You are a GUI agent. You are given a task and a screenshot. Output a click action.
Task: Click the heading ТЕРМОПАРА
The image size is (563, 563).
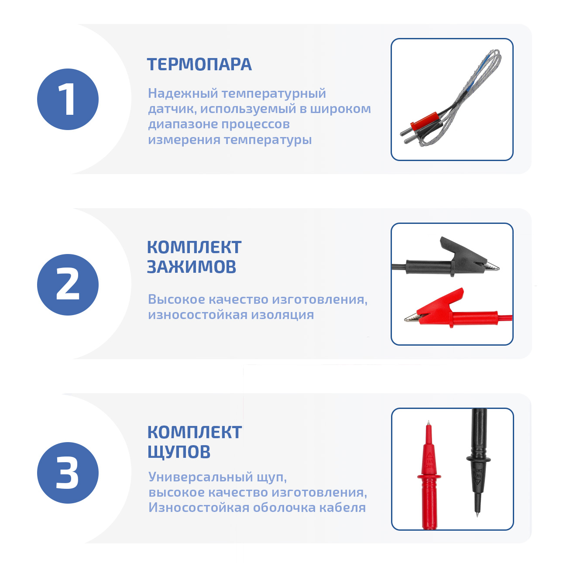tap(199, 64)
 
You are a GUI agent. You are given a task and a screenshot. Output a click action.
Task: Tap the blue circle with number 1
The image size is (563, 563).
tap(68, 100)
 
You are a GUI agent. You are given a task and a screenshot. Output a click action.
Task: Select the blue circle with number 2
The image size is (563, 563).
tap(68, 285)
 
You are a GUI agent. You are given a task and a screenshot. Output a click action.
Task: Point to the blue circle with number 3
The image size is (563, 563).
tap(68, 472)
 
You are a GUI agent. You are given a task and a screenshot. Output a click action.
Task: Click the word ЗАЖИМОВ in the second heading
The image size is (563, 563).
tap(191, 267)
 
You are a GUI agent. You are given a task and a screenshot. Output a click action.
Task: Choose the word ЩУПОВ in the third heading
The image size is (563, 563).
tap(179, 452)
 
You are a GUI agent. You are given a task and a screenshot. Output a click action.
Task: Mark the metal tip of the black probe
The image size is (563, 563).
tap(477, 512)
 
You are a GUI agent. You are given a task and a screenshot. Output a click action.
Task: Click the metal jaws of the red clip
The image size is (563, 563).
tap(412, 317)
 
